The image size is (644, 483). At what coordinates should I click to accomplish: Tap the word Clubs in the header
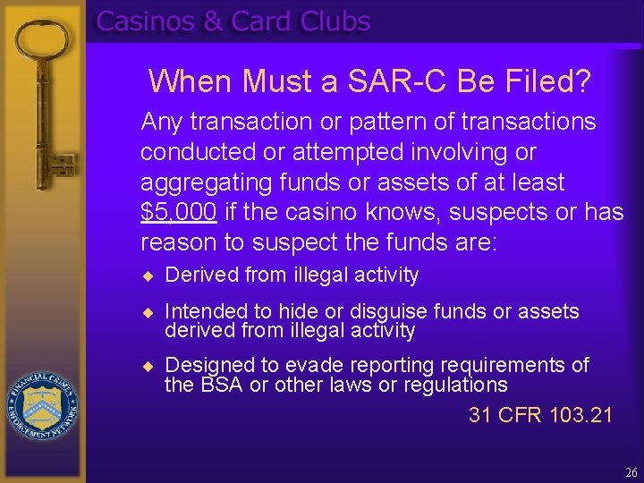pyautogui.click(x=335, y=21)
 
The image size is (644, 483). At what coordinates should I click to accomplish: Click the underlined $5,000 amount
pyautogui.click(x=178, y=213)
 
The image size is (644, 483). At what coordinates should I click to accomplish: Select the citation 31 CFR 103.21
pyautogui.click(x=540, y=415)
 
